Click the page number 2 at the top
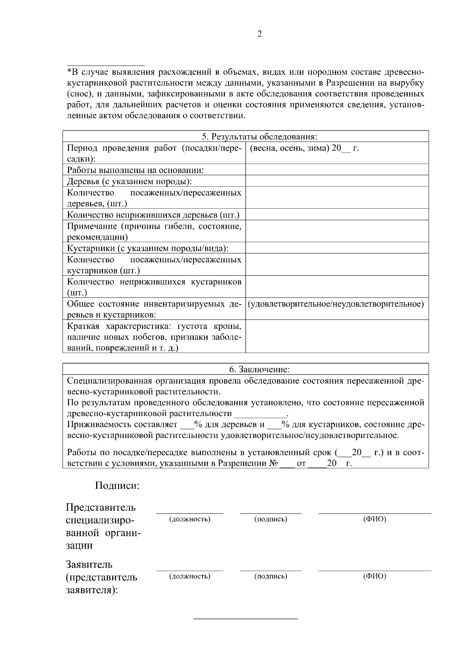click(260, 34)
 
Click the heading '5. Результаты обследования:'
click(259, 136)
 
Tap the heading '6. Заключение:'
click(259, 369)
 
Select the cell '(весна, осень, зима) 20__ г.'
click(304, 148)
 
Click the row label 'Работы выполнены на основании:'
click(136, 170)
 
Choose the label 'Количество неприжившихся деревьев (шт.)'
click(153, 215)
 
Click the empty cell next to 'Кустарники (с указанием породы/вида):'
click(337, 248)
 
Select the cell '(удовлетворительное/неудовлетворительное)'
click(337, 304)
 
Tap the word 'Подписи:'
click(117, 486)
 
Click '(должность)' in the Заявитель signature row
click(190, 576)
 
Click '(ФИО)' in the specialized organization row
click(374, 519)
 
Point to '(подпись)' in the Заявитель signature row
click(270, 576)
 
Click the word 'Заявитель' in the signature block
click(89, 564)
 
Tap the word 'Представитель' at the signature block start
click(101, 507)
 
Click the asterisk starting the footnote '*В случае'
click(69, 72)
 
